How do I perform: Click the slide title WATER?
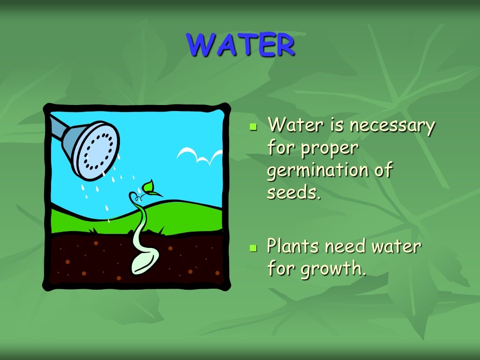[x=240, y=45]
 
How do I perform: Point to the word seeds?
[x=293, y=192]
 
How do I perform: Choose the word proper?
[x=330, y=149]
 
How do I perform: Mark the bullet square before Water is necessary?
[x=254, y=127]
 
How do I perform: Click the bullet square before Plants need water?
[x=254, y=247]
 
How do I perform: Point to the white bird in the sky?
[x=199, y=155]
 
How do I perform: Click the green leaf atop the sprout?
[x=149, y=187]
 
